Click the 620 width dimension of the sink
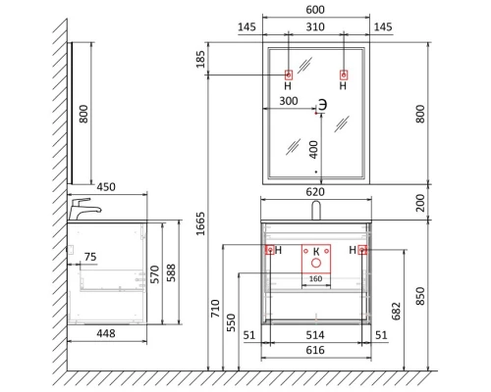click(x=316, y=194)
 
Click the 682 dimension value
click(x=397, y=312)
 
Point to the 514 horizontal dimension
click(x=316, y=334)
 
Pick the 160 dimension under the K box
click(x=316, y=277)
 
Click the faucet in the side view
click(x=84, y=209)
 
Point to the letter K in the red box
click(x=316, y=252)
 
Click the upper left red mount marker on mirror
click(x=289, y=75)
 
